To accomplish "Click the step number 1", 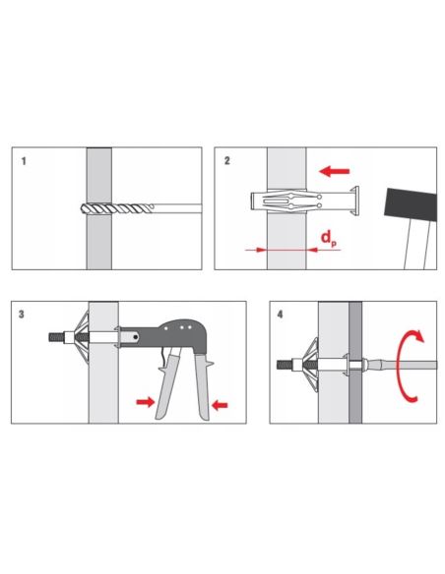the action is pyautogui.click(x=24, y=161).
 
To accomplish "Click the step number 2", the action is pyautogui.click(x=227, y=161).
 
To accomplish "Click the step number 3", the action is pyautogui.click(x=22, y=315).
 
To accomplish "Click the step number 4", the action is pyautogui.click(x=280, y=315).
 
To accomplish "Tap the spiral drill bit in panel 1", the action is pyautogui.click(x=116, y=209).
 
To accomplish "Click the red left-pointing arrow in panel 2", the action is pyautogui.click(x=335, y=171).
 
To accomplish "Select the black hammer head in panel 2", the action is pyautogui.click(x=411, y=204).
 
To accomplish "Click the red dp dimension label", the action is pyautogui.click(x=329, y=239).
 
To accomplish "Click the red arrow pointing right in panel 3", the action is pyautogui.click(x=146, y=402).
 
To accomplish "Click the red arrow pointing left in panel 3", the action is pyautogui.click(x=220, y=405).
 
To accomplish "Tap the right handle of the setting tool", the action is pyautogui.click(x=203, y=386).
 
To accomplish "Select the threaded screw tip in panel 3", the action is pyautogui.click(x=56, y=337).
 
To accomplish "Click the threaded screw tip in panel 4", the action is pyautogui.click(x=285, y=365).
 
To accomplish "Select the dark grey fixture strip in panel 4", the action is pyautogui.click(x=355, y=363).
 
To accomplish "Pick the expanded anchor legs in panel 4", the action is pyautogui.click(x=310, y=365).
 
